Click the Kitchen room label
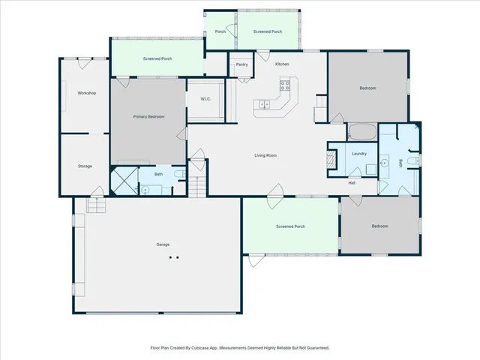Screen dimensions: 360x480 282,64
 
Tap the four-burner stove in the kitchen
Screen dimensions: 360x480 285,85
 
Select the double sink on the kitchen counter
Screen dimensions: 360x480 265,106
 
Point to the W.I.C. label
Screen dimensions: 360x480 205,100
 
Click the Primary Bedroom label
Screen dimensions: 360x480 148,117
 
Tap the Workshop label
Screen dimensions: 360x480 86,93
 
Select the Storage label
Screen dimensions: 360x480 85,166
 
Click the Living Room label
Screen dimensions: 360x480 265,155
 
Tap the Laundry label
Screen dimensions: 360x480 358,154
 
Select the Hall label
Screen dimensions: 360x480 351,182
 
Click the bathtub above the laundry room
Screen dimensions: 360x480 364,133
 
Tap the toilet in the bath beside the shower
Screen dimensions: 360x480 178,175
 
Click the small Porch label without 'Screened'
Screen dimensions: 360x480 220,31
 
